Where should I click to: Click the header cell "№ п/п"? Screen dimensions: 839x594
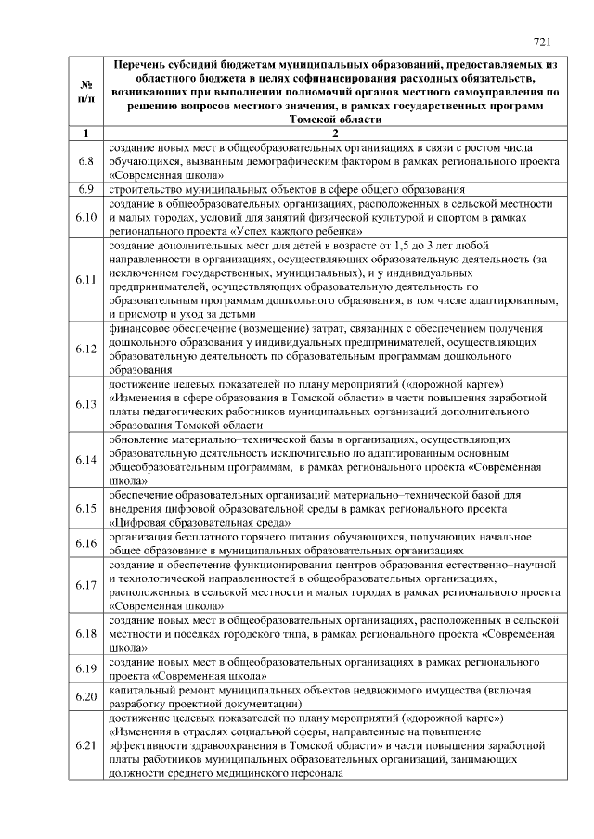[85, 92]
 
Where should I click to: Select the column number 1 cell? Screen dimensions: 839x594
[85, 133]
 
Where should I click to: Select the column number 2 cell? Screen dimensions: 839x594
[335, 133]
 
